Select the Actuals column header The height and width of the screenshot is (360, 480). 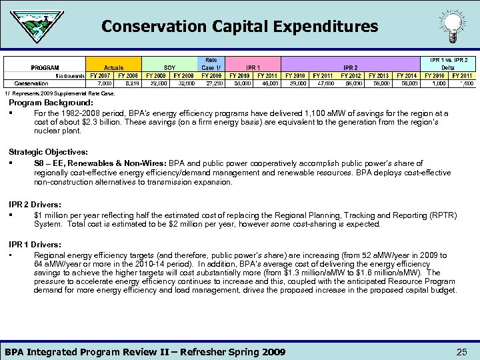coord(114,67)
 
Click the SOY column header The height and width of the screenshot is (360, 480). coord(169,67)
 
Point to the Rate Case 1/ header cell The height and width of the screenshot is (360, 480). coord(211,64)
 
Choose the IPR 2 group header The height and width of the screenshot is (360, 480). coord(350,67)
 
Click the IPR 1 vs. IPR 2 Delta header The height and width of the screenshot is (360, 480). coord(448,64)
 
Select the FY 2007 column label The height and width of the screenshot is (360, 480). coord(100,75)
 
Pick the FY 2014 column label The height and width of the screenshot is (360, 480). coord(406,75)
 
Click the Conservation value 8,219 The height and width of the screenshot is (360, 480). coord(128,83)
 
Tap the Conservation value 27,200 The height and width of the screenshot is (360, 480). coord(211,83)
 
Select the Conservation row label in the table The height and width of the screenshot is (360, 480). coord(31,83)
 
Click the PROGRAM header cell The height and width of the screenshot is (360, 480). coord(45,67)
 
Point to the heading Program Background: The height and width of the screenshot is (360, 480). coord(51,103)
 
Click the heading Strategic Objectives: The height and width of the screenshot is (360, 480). coord(48,153)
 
